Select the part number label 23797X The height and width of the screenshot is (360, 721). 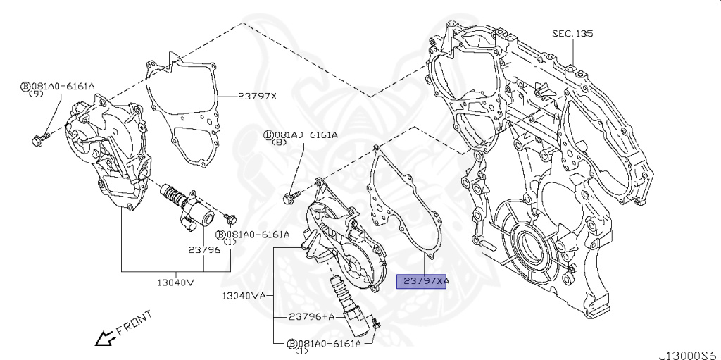point(257,96)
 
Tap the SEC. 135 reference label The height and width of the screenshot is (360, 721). point(573,33)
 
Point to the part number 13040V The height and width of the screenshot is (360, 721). point(175,283)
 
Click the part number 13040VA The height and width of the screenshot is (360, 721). point(243,296)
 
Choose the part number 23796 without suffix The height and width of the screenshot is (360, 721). point(203,249)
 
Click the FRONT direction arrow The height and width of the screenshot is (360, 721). point(105,338)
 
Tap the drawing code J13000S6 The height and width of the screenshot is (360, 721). point(687,352)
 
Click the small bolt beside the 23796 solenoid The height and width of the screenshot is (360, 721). point(230,215)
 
